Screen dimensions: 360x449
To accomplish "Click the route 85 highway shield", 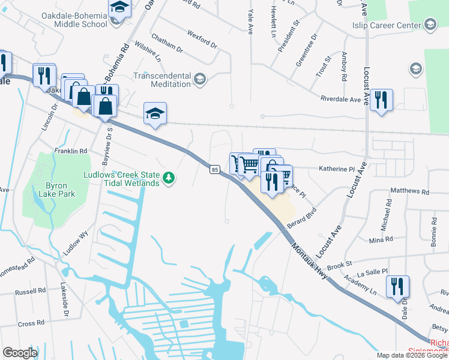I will [214, 170].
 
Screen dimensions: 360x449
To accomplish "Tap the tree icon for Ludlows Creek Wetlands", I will [170, 178].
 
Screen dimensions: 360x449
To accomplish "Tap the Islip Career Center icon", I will [430, 25].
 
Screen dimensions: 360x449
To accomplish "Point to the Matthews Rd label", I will [409, 192].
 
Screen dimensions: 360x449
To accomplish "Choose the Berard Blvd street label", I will [301, 217].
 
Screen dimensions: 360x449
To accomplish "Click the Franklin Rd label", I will [71, 151].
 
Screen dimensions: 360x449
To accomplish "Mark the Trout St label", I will [324, 67].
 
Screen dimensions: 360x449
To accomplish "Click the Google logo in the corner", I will [20, 353].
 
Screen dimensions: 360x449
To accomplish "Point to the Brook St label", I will [339, 264].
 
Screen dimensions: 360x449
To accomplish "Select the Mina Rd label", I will [381, 239].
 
